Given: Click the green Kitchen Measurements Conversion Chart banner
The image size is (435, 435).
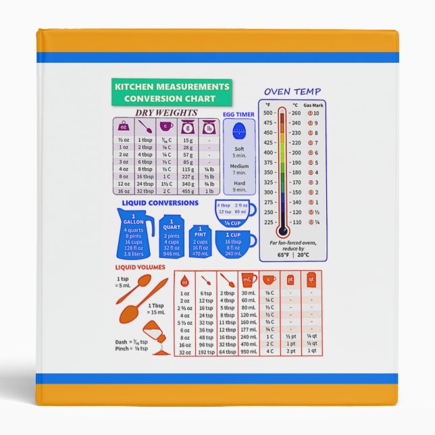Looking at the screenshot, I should point(172,93).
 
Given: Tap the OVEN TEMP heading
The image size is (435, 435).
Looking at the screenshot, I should point(292,91).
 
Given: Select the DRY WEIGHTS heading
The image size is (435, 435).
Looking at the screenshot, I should point(166,113).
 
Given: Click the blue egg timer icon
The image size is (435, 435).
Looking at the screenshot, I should point(238,132).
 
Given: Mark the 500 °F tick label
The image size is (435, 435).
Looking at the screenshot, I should point(267,113).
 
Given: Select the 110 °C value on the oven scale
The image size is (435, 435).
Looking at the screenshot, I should point(295,222).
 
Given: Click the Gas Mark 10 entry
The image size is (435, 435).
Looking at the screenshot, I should point(313,113).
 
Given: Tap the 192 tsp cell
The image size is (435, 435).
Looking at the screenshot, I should point(206,352).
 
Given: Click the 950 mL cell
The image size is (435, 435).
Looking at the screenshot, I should point(249,352).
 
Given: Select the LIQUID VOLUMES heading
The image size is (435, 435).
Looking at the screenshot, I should point(143,267).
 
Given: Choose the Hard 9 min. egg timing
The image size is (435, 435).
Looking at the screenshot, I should point(238,186).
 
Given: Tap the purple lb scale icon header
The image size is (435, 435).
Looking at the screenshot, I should point(209,126).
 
